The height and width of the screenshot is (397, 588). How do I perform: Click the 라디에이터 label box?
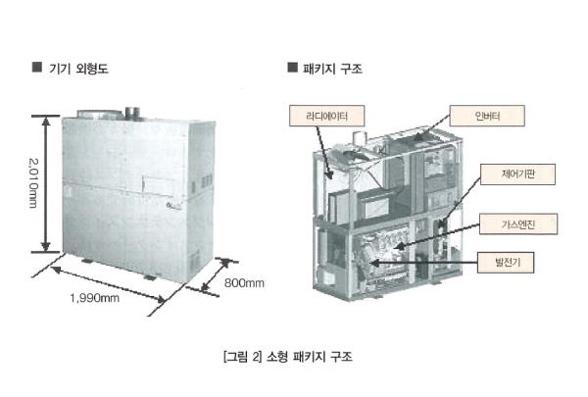coord(326,116)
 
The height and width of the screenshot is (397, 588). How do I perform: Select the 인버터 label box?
coord(487,116)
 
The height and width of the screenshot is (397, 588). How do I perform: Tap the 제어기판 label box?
coord(517,174)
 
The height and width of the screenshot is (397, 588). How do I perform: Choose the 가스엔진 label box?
coord(518,224)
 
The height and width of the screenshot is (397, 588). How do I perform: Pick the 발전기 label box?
coord(506,263)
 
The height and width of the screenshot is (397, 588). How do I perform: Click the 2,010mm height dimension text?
coord(33,183)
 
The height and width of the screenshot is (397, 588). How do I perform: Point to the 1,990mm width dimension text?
coord(94,298)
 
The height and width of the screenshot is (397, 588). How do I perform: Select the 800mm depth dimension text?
coord(244,283)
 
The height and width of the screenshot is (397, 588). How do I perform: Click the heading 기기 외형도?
coord(78,69)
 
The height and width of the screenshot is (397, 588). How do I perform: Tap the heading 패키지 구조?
coord(332,69)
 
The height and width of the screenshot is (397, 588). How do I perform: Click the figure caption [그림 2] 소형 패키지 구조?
coord(287,356)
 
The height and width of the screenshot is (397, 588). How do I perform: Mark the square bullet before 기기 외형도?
coord(37,68)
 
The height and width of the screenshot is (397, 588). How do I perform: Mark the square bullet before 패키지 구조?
coord(292,68)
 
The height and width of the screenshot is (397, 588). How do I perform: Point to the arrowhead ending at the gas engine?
coord(398,246)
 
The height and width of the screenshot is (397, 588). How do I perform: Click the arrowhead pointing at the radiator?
coord(329,174)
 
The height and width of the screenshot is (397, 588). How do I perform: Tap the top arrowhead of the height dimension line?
coord(46,122)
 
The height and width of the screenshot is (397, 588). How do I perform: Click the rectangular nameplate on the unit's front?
coord(159,185)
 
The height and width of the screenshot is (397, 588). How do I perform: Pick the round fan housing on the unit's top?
coord(99,114)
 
